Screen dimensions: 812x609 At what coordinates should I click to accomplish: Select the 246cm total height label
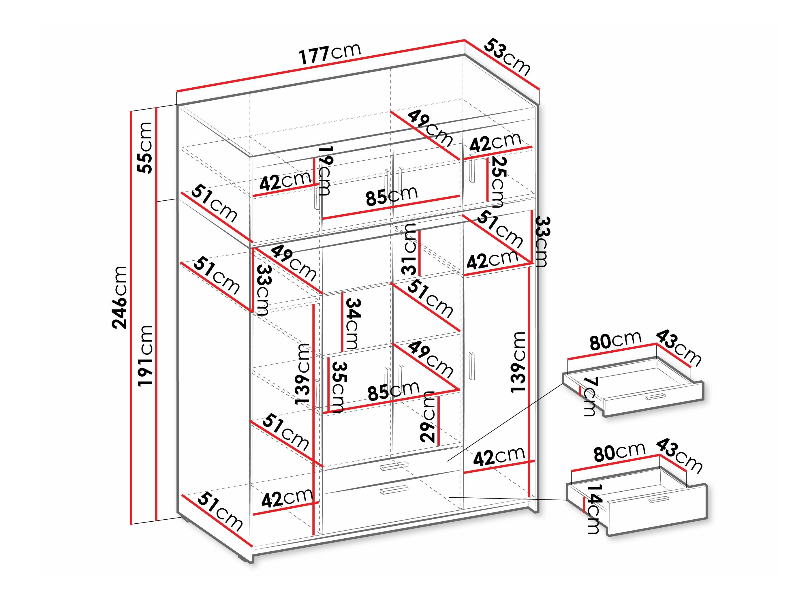coord(120,297)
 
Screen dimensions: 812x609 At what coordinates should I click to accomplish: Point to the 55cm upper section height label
coord(145,148)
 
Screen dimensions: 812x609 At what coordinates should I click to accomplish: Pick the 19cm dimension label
coord(325,170)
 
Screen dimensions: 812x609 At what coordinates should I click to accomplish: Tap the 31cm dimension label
coord(409,249)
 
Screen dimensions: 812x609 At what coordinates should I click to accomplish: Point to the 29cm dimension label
coord(428,417)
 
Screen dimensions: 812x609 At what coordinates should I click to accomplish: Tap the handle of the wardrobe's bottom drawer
coord(394,490)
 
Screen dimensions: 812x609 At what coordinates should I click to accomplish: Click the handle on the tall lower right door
coord(472,366)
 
